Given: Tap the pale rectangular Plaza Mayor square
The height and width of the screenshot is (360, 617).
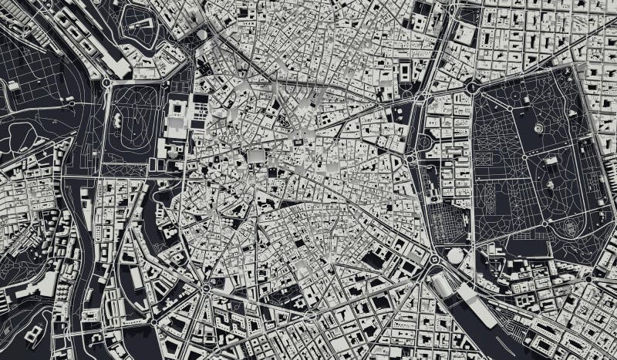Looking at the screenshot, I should (255, 158).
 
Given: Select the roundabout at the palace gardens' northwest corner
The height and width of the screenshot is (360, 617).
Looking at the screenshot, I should (106, 81).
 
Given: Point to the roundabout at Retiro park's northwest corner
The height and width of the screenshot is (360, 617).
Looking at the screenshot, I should (472, 88).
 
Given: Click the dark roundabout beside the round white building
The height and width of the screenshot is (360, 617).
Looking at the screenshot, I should (434, 261).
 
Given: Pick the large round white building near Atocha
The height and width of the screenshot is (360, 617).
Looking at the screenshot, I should (456, 255).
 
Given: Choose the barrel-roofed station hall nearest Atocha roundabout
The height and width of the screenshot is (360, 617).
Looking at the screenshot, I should (443, 284).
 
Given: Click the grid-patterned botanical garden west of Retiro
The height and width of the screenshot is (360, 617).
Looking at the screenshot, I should (449, 224).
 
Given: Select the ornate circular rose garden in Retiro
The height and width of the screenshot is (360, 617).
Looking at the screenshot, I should (571, 228).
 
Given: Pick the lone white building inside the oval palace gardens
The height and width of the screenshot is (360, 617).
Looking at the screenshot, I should (117, 120).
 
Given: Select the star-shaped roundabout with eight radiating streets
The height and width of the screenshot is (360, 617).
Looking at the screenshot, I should (207, 287).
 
